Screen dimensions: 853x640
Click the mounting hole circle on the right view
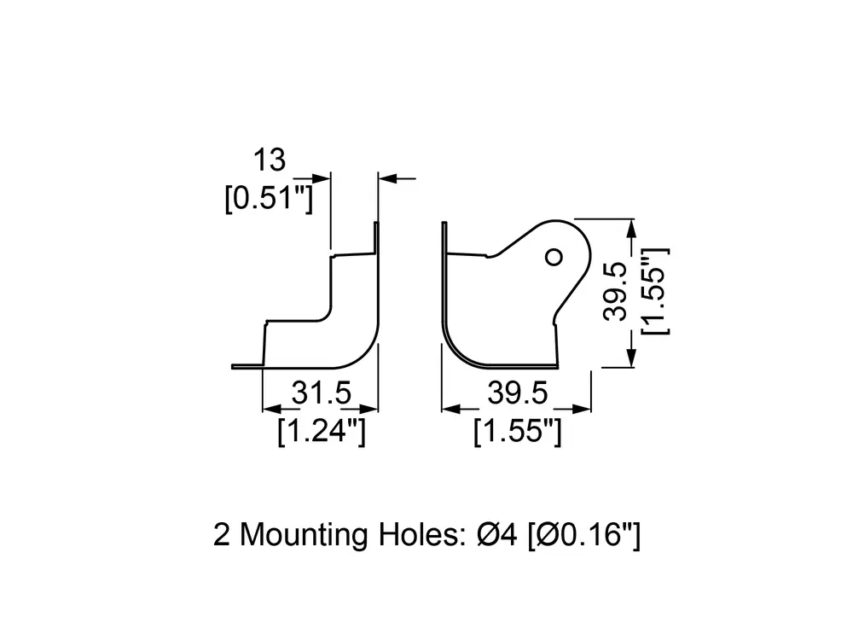point(554,257)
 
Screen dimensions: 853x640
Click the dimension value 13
point(270,160)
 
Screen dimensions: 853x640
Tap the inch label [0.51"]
point(269,198)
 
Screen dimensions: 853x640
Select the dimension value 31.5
point(321,393)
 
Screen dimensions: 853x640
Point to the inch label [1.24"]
point(321,432)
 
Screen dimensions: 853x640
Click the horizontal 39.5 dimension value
point(517,393)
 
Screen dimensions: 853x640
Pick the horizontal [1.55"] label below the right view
point(517,432)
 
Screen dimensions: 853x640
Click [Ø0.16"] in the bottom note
point(583,535)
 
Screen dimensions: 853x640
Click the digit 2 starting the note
point(222,534)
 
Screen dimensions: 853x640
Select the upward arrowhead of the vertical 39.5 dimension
point(630,229)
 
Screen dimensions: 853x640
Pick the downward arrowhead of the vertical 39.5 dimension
point(630,358)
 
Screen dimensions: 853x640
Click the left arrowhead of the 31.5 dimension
point(272,409)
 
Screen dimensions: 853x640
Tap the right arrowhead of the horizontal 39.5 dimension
point(581,409)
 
